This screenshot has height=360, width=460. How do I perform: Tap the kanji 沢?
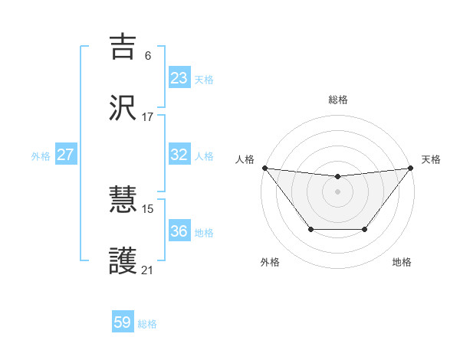click(x=124, y=108)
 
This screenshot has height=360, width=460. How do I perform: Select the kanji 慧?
click(x=124, y=201)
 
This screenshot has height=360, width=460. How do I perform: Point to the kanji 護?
click(x=124, y=261)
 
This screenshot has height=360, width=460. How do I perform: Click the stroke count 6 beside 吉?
click(x=148, y=56)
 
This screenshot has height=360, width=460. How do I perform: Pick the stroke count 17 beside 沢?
click(x=148, y=117)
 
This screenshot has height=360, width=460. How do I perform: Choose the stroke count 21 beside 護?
click(x=148, y=270)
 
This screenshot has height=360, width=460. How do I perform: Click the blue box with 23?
click(x=179, y=78)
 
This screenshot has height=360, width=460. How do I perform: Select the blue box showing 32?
click(x=179, y=155)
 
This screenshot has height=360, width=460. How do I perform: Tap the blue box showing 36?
click(x=179, y=231)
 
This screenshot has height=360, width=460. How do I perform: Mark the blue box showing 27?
click(x=66, y=155)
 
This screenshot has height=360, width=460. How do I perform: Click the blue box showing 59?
click(x=123, y=322)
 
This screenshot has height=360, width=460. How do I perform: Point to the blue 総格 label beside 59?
click(x=148, y=324)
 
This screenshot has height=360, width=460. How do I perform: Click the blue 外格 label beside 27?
click(x=41, y=156)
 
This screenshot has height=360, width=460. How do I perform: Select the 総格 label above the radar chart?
click(x=337, y=100)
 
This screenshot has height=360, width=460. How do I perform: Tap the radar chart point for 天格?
click(x=410, y=168)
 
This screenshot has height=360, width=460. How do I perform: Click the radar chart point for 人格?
click(x=264, y=168)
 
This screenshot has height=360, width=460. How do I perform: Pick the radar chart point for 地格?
click(x=365, y=229)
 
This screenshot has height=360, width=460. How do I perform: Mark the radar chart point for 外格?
click(x=310, y=229)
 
